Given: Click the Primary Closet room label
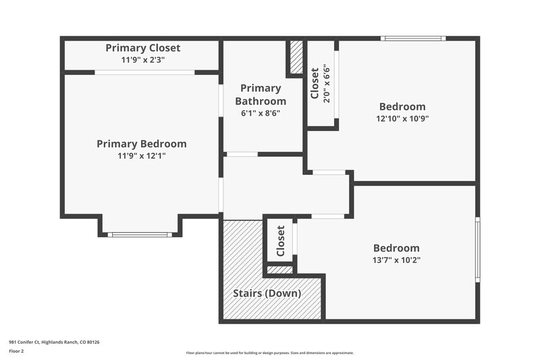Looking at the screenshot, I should tap(142, 49).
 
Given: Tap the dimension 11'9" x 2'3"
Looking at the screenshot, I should tap(142, 60).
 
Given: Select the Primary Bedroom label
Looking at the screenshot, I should tap(141, 144).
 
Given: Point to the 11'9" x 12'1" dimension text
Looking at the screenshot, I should tap(141, 155).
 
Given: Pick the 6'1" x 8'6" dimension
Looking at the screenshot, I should tap(261, 113).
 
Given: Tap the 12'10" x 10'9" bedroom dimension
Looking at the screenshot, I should tap(402, 118).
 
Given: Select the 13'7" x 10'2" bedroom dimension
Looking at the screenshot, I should tap(397, 260).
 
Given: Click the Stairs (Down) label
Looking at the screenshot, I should tap(267, 294).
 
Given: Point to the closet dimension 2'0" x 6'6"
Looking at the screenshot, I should tap(327, 83).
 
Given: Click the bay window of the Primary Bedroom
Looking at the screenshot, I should tap(140, 234).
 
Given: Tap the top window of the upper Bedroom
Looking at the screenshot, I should tap(413, 38).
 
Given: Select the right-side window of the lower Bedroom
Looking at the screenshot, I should tap(477, 249).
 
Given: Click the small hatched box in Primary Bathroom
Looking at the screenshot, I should tap(296, 58).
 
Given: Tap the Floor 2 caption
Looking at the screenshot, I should tap(16, 352).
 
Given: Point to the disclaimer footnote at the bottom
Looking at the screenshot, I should tap(269, 353).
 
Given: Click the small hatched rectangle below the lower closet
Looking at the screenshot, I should tap(279, 270).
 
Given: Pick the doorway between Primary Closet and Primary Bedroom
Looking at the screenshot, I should tap(144, 72).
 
